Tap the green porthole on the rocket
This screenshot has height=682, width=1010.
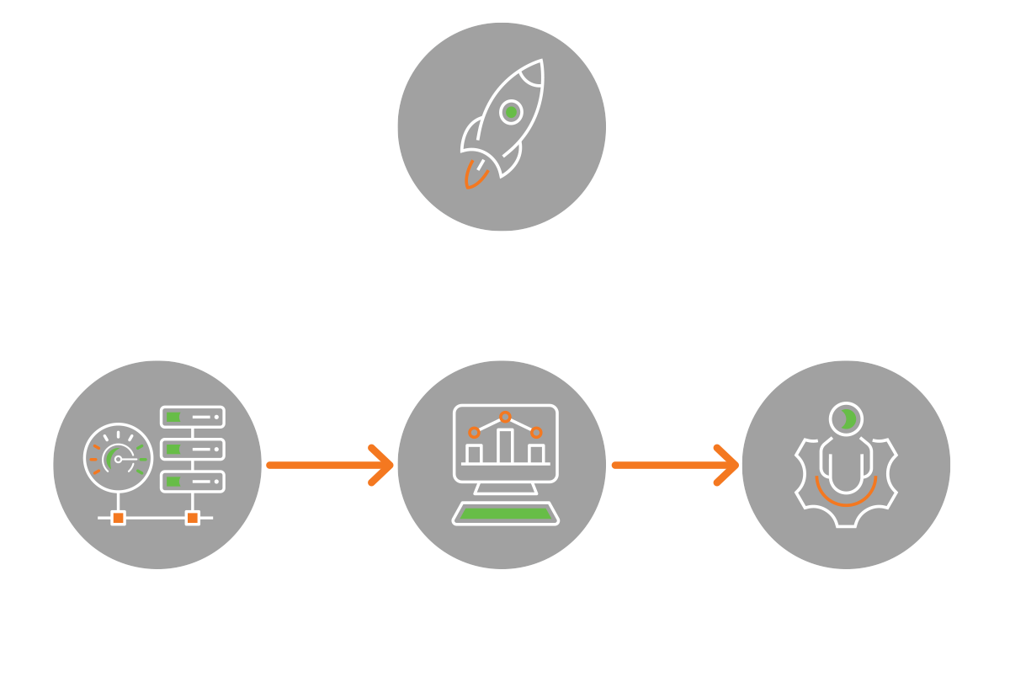click(510, 111)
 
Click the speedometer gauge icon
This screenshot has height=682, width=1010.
click(116, 459)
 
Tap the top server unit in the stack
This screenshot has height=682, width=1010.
click(193, 417)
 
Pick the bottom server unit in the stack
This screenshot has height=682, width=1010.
click(193, 481)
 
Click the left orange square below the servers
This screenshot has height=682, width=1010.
click(119, 517)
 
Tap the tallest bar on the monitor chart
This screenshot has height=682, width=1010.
click(505, 445)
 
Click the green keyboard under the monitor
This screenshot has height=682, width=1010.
click(505, 513)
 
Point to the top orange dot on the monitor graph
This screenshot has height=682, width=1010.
click(505, 416)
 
